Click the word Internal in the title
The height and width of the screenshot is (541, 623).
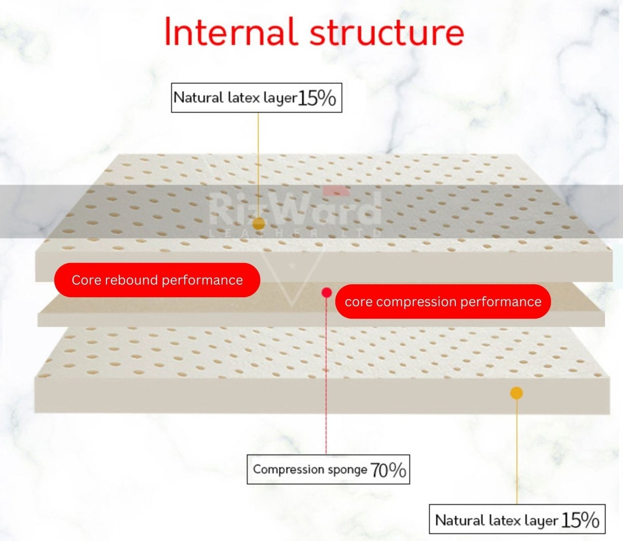coord(230,32)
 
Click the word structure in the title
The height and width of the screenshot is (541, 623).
coord(386,32)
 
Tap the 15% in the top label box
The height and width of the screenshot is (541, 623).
coord(317,98)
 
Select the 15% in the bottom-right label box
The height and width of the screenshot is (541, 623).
coord(580,519)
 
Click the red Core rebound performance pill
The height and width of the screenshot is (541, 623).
coord(157,280)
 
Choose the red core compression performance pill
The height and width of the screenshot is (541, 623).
coord(442,302)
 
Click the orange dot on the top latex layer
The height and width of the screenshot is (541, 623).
coord(258,224)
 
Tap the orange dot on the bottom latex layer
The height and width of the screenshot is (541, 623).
coord(516,393)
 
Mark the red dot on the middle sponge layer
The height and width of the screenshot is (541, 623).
coord(327,293)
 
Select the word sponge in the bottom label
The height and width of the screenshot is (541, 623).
coord(347,470)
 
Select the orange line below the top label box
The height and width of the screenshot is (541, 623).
coord(258,156)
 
